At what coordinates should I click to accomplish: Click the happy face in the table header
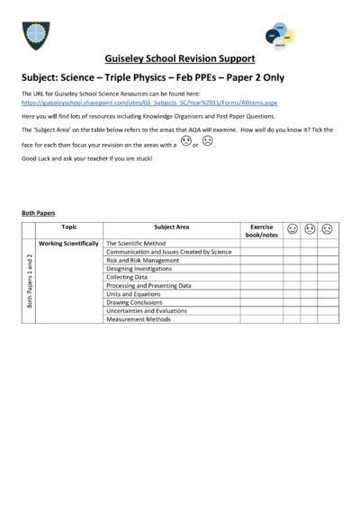293,229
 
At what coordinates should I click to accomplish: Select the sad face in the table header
327,229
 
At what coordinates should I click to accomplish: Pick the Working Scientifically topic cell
68,244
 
